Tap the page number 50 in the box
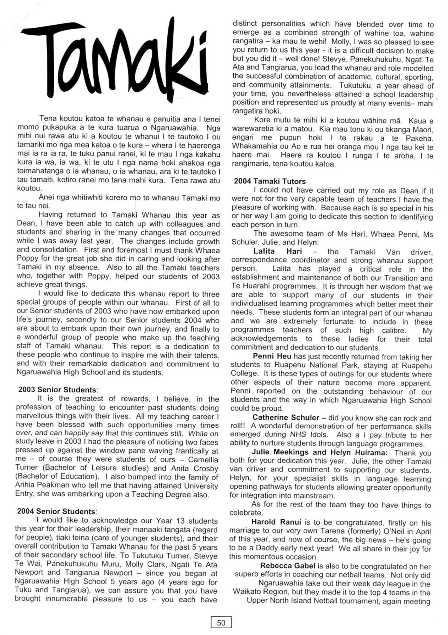[221, 622]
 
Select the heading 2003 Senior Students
[57, 390]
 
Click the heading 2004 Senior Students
[56, 511]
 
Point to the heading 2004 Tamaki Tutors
[270, 181]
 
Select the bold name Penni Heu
[272, 356]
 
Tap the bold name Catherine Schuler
[286, 418]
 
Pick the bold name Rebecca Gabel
[287, 566]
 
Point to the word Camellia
[203, 460]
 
